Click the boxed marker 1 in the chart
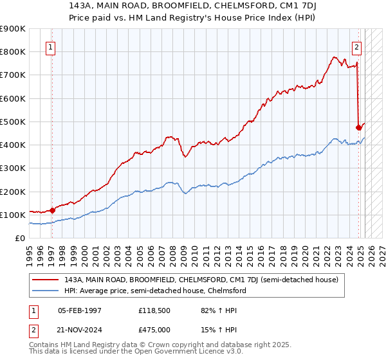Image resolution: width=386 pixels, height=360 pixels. [x=50, y=46]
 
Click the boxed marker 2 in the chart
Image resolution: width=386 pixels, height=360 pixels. [x=356, y=46]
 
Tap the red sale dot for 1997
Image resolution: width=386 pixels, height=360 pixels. [x=52, y=210]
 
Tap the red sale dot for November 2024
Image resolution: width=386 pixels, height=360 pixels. [x=358, y=127]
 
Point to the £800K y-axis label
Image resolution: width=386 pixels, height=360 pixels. [x=13, y=51]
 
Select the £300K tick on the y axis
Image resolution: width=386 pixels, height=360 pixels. [x=13, y=168]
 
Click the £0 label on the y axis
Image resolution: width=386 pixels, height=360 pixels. [x=19, y=239]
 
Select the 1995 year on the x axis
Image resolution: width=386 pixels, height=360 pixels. [x=28, y=251]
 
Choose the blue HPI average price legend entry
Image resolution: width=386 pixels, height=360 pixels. [x=155, y=291]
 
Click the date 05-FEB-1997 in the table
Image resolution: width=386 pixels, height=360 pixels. [x=80, y=310]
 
